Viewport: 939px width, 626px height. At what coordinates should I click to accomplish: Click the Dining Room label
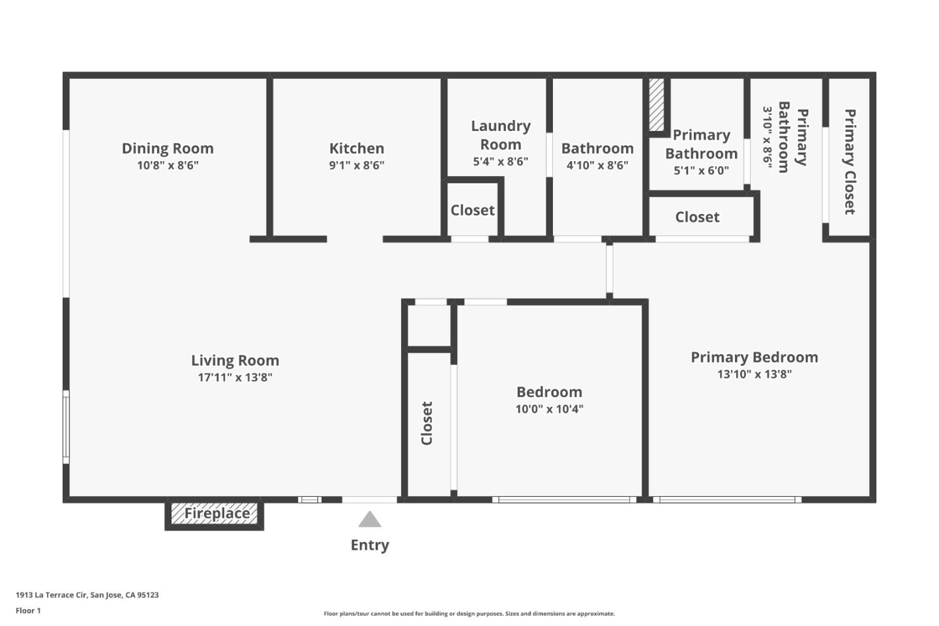[x=168, y=148]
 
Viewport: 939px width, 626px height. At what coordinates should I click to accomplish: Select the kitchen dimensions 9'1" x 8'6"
[x=357, y=166]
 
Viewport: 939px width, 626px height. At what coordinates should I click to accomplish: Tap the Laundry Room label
[x=501, y=135]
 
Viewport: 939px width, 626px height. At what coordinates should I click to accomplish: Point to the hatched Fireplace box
[x=215, y=514]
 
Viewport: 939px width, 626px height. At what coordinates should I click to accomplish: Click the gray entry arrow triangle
[x=370, y=520]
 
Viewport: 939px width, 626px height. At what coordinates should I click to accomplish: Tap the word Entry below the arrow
[x=370, y=545]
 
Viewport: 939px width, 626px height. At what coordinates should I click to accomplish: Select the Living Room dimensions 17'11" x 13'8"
[x=235, y=378]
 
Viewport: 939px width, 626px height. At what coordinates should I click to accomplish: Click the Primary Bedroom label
[x=754, y=357]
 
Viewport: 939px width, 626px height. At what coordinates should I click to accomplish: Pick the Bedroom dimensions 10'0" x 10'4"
[x=549, y=410]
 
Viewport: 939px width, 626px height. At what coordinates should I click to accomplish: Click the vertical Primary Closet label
[x=850, y=162]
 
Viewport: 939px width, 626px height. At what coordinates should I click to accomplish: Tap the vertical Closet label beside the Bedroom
[x=427, y=423]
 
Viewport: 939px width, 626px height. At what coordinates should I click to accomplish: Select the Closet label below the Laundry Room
[x=472, y=210]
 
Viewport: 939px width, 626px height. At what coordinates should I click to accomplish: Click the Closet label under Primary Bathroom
[x=697, y=217]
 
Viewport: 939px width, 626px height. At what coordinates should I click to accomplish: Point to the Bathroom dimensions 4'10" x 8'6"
[x=597, y=166]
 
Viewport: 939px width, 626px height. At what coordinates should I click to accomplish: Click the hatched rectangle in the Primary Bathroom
[x=657, y=104]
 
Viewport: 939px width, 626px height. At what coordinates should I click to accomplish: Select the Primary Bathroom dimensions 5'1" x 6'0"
[x=701, y=171]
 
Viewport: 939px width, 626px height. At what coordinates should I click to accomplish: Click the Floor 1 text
[x=28, y=611]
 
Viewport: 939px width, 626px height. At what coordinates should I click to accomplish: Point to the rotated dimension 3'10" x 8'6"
[x=768, y=138]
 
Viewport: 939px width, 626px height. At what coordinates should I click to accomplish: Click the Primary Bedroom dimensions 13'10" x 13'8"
[x=754, y=374]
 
